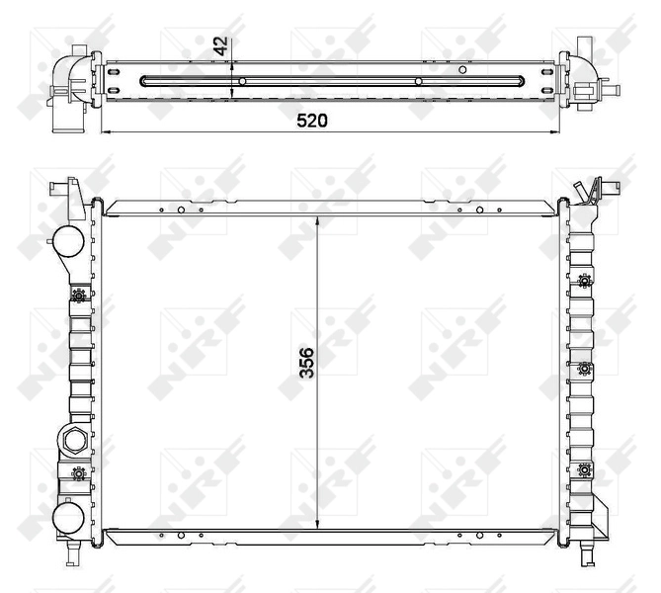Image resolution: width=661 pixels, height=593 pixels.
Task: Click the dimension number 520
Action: point(313,120)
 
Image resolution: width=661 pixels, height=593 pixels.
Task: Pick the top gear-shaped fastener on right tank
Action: point(585,280)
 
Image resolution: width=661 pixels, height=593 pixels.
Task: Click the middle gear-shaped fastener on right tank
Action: point(585,371)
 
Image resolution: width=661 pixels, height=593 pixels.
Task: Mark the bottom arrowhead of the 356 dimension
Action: point(316,526)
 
